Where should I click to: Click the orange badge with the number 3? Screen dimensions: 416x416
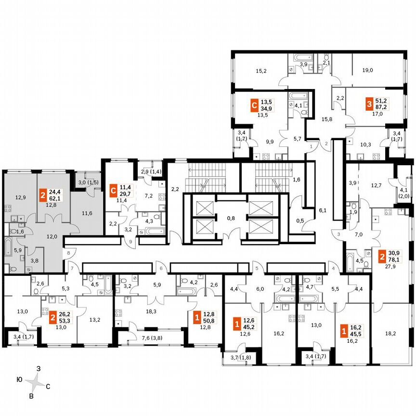[368, 104]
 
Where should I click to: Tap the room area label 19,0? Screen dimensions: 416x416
[367, 70]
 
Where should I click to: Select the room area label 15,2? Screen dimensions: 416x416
[261, 71]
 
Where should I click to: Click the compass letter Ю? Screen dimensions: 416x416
[19, 380]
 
